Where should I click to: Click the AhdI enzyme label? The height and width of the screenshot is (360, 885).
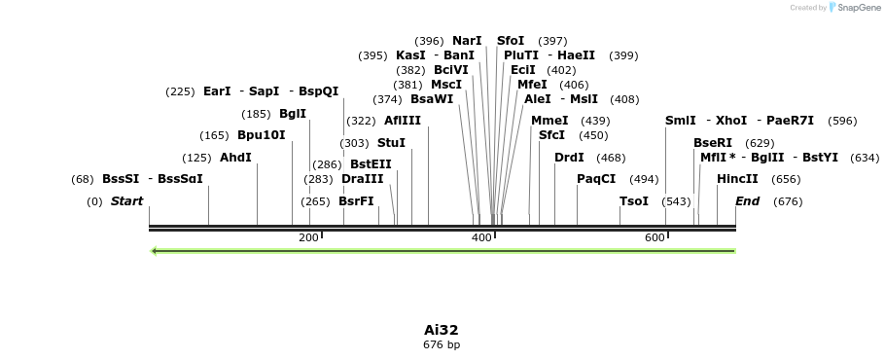(x=235, y=158)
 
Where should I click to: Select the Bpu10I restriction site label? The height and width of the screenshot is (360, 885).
(x=261, y=135)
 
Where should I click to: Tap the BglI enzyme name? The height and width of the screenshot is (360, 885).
(x=293, y=114)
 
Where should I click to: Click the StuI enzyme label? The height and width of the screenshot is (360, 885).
(x=391, y=143)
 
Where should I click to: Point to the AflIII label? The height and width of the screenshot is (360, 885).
(x=403, y=121)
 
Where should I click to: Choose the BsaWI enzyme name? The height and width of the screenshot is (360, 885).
(x=432, y=98)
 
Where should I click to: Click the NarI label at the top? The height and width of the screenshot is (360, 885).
(x=467, y=41)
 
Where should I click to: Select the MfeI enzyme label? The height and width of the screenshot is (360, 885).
(x=532, y=85)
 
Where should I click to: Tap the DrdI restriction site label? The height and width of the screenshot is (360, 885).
(x=569, y=158)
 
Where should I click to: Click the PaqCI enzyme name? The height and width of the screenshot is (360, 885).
(x=596, y=179)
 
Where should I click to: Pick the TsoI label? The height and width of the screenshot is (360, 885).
(x=634, y=201)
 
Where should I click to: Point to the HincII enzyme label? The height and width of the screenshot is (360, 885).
(x=737, y=179)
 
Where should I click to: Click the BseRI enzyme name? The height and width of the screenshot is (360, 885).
(x=713, y=143)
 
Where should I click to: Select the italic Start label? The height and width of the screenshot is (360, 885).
(x=126, y=201)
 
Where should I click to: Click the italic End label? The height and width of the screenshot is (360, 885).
(x=747, y=201)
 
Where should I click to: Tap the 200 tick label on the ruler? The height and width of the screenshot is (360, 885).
(x=308, y=237)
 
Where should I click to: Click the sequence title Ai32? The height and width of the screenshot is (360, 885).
(x=442, y=330)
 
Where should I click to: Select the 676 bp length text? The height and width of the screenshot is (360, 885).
(x=442, y=345)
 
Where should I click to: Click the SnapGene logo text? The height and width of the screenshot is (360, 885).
(x=858, y=8)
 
